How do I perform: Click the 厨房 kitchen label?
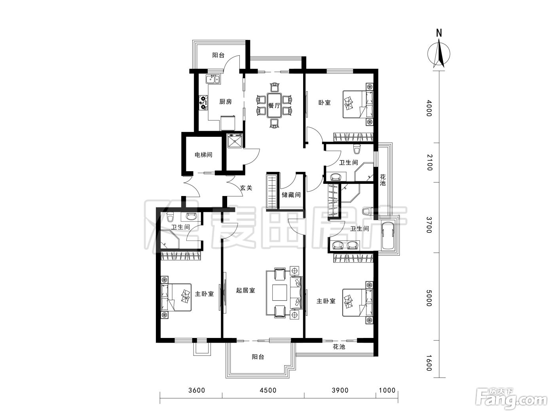pyautogui.click(x=226, y=102)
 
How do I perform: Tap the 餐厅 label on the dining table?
pyautogui.click(x=274, y=105)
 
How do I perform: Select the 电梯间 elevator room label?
pyautogui.click(x=203, y=155)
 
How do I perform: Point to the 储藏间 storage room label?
pyautogui.click(x=291, y=195)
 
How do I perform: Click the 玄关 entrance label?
pyautogui.click(x=246, y=188)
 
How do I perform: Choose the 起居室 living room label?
pyautogui.click(x=245, y=290)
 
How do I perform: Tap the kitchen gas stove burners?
pyautogui.click(x=203, y=102)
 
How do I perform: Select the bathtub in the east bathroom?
pyautogui.click(x=387, y=236)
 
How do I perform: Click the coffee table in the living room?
pyautogui.click(x=280, y=292)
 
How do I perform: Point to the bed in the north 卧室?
pyautogui.click(x=357, y=104)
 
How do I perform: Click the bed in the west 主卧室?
pyautogui.click(x=176, y=297)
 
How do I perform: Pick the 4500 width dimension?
pyautogui.click(x=268, y=390)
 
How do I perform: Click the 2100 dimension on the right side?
pyautogui.click(x=429, y=162)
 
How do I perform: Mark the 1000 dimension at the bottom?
pyautogui.click(x=387, y=390)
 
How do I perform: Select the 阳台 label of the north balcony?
pyautogui.click(x=218, y=55)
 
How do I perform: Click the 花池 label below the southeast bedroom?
pyautogui.click(x=339, y=347)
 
